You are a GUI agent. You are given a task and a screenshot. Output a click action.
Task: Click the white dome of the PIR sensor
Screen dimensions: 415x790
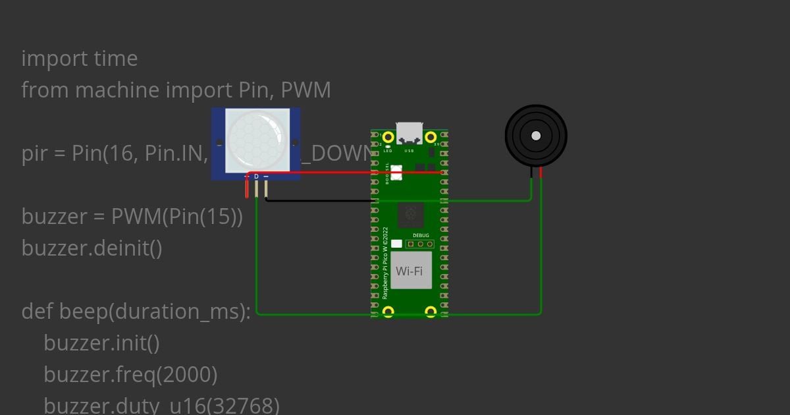pos(256,140)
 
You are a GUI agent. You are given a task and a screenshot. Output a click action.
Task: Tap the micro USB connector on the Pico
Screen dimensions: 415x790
pos(409,132)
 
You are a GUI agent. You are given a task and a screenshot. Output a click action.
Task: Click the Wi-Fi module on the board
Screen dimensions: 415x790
pos(411,270)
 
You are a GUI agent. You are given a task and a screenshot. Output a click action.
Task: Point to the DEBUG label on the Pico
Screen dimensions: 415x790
pos(421,235)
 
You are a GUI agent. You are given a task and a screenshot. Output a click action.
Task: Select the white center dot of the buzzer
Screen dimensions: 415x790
pos(536,136)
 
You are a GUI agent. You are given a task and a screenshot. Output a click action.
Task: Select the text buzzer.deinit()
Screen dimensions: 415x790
pos(92,248)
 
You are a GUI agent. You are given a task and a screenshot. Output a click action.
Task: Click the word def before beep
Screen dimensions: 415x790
pos(38,312)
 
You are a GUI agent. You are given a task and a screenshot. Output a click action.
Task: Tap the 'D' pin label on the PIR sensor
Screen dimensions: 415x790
pos(257,177)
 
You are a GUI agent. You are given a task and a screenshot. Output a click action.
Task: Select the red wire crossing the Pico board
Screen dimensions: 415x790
pos(342,173)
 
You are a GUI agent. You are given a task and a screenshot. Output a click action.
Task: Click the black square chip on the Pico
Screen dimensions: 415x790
pos(411,214)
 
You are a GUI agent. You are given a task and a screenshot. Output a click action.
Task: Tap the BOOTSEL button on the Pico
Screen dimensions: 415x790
pos(396,174)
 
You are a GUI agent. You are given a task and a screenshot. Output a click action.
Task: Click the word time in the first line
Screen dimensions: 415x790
pos(116,59)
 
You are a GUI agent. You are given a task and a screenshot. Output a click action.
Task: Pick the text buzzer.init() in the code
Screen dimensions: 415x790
pos(102,343)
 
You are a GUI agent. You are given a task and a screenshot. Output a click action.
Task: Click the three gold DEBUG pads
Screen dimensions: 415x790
pos(420,244)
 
